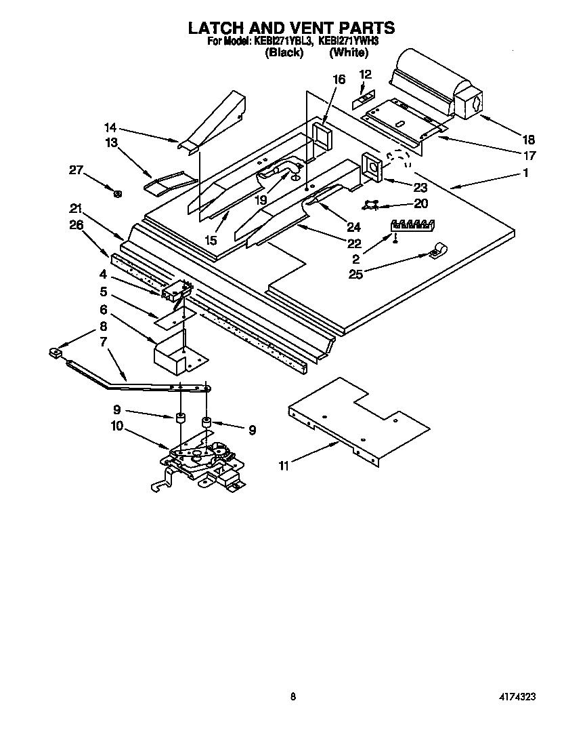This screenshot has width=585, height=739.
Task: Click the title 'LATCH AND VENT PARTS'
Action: [291, 28]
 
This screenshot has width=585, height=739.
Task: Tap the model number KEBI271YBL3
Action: [283, 41]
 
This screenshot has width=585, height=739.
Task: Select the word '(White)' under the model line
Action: [349, 52]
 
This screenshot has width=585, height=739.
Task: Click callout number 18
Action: [529, 140]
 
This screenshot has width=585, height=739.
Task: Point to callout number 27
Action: [76, 171]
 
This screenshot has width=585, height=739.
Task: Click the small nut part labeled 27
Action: [118, 195]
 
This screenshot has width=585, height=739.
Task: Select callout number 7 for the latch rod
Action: [104, 342]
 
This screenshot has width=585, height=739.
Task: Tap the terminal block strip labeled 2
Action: [414, 224]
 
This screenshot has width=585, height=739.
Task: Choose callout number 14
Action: [110, 127]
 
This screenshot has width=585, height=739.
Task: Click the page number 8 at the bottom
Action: [292, 696]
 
